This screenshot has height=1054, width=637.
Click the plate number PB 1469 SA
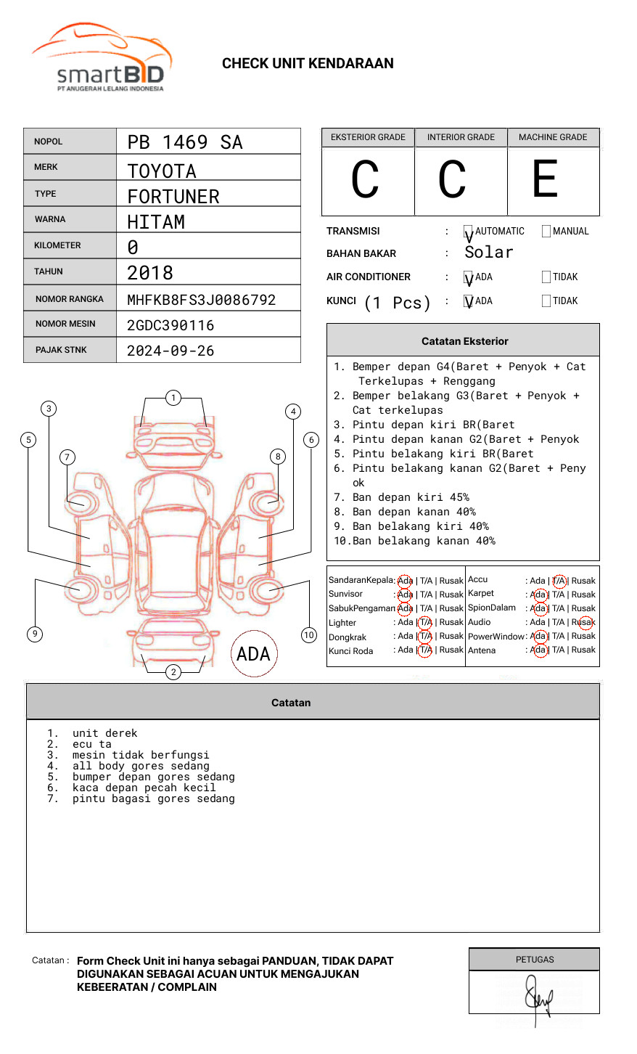pyautogui.click(x=185, y=142)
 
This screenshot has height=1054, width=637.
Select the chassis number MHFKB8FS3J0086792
pyautogui.click(x=201, y=300)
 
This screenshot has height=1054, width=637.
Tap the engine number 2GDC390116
pyautogui.click(x=170, y=325)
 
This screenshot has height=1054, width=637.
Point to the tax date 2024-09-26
pyautogui.click(x=170, y=351)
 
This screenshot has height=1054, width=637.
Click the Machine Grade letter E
pyautogui.click(x=546, y=179)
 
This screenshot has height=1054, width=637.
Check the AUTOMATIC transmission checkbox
pyautogui.click(x=468, y=232)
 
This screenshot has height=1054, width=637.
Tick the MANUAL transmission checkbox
pyautogui.click(x=546, y=232)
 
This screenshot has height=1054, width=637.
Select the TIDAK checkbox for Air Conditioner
pyautogui.click(x=546, y=277)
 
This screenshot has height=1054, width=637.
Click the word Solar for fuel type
pyautogui.click(x=488, y=253)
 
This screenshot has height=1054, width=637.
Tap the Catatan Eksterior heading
pyautogui.click(x=464, y=341)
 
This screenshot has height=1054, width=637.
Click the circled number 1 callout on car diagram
pyautogui.click(x=173, y=398)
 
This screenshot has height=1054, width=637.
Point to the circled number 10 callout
pyautogui.click(x=309, y=635)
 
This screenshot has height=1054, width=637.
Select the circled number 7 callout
pyautogui.click(x=67, y=457)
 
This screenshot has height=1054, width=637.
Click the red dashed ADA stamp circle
pyautogui.click(x=253, y=654)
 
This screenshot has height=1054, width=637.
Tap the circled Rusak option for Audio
pyautogui.click(x=585, y=622)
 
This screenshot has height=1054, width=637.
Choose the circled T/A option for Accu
pyautogui.click(x=559, y=581)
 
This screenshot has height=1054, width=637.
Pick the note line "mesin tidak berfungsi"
pyautogui.click(x=141, y=755)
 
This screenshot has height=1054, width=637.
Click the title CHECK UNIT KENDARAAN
pyautogui.click(x=308, y=64)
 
